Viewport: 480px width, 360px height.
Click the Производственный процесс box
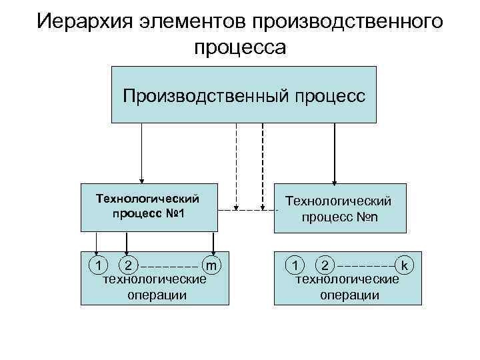243,95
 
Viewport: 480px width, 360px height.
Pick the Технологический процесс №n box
339,208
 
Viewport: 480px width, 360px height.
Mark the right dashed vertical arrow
263,167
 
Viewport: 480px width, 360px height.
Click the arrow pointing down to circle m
213,243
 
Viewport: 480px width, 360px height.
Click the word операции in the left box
157,294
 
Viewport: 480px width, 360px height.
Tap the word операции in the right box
349,294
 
